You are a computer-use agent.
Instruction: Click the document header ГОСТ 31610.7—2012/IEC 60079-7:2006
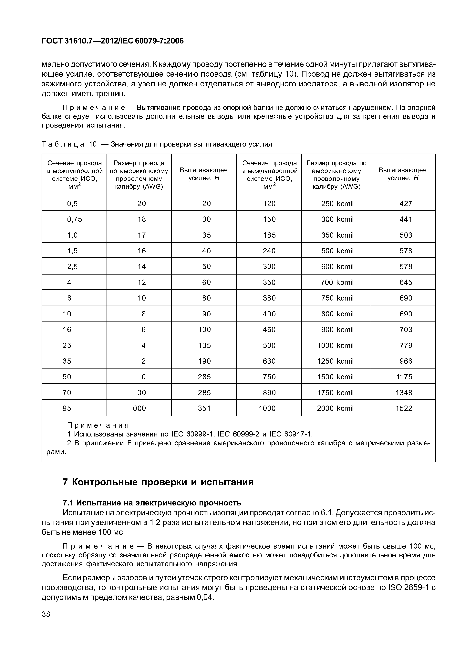tap(113, 41)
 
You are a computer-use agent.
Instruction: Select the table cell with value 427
tap(406, 204)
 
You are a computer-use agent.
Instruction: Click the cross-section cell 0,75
tap(75, 219)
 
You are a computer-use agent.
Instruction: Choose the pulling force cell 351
tap(204, 408)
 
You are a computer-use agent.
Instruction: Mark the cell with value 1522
tap(404, 408)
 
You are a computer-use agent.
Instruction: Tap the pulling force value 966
tap(406, 361)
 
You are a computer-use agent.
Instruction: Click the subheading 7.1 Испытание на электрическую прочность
tap(152, 503)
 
